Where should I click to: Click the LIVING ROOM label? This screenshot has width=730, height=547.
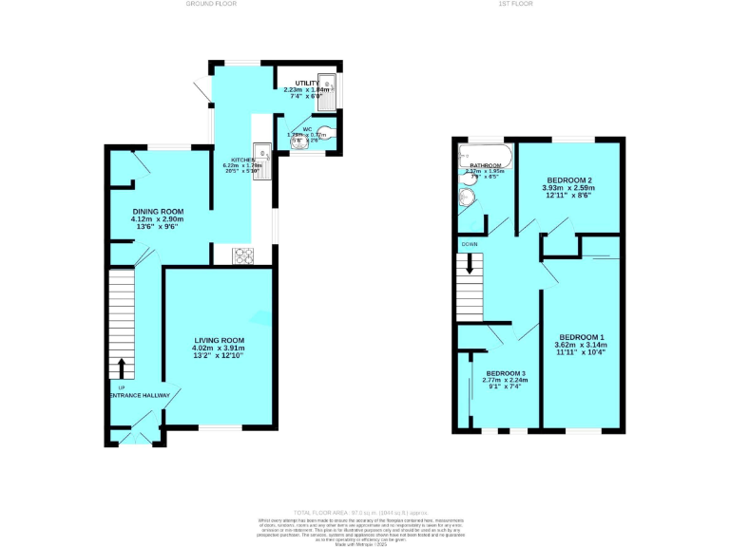click(x=220, y=340)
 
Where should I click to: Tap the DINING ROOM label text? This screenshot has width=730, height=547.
click(x=157, y=211)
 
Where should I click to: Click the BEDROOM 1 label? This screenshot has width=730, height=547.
click(x=580, y=337)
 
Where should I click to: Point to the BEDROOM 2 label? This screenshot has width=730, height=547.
click(x=569, y=180)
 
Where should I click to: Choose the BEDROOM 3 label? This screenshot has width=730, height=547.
click(x=506, y=373)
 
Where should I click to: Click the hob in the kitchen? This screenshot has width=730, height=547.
click(x=242, y=254)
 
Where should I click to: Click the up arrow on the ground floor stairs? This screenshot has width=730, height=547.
click(x=121, y=366)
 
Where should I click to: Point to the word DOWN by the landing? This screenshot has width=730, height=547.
click(x=470, y=244)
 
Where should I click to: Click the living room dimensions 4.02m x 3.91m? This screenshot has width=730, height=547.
click(x=220, y=349)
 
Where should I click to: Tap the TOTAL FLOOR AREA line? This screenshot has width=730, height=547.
click(x=365, y=512)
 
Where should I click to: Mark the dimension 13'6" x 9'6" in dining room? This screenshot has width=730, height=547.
click(x=157, y=228)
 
